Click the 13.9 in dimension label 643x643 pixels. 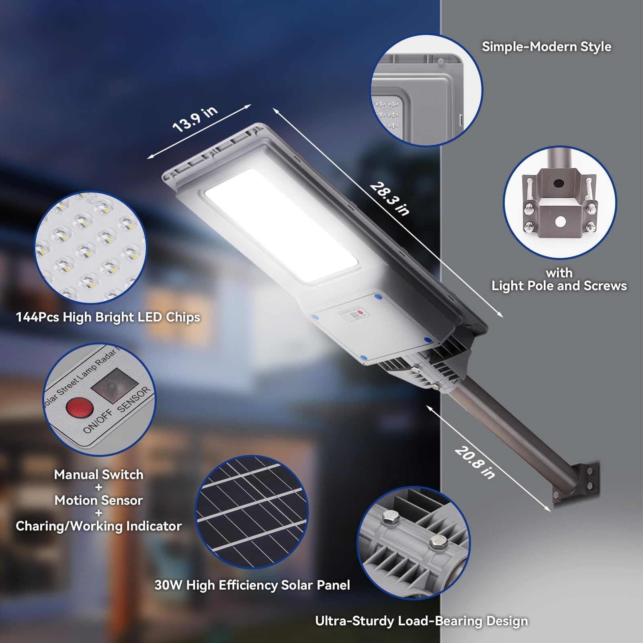tap(195, 119)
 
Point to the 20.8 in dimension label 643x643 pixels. tap(475, 463)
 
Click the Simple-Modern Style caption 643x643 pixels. tap(547, 47)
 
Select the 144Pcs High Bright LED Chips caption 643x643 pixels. tap(108, 317)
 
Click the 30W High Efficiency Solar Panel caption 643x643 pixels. tap(252, 585)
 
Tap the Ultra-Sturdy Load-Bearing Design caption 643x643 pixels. tap(422, 621)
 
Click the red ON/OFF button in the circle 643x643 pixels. tap(80, 407)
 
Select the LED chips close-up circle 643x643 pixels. tap(90, 247)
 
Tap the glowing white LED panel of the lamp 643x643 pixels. tap(281, 225)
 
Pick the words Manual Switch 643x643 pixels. tap(99, 475)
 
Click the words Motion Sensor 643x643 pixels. tap(99, 500)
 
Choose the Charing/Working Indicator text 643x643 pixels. tap(99, 526)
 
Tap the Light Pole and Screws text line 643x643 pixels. tap(559, 286)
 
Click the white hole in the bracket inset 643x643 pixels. tap(560, 221)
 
